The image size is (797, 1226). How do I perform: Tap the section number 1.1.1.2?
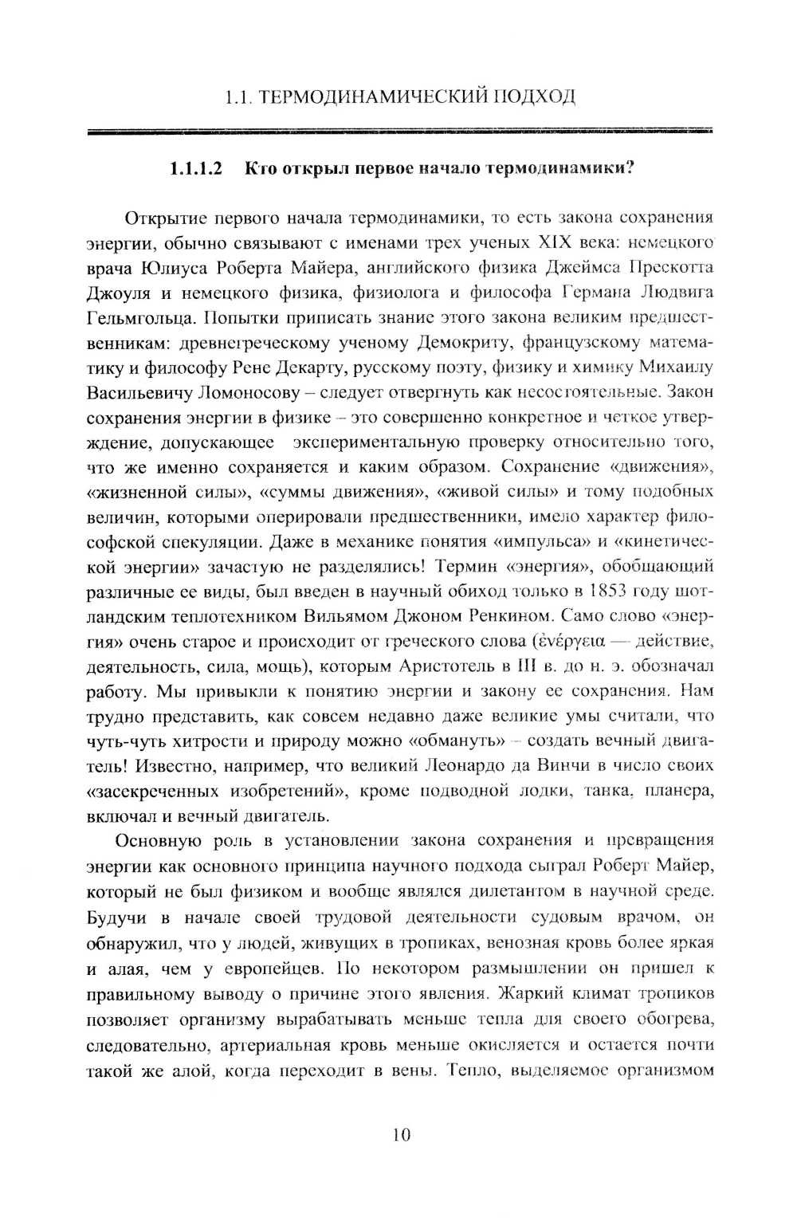point(195,169)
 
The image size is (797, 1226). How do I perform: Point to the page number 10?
point(401,1134)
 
